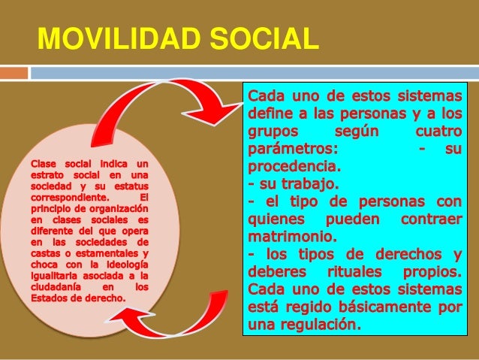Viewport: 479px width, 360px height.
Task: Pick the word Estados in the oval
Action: tap(50, 296)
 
